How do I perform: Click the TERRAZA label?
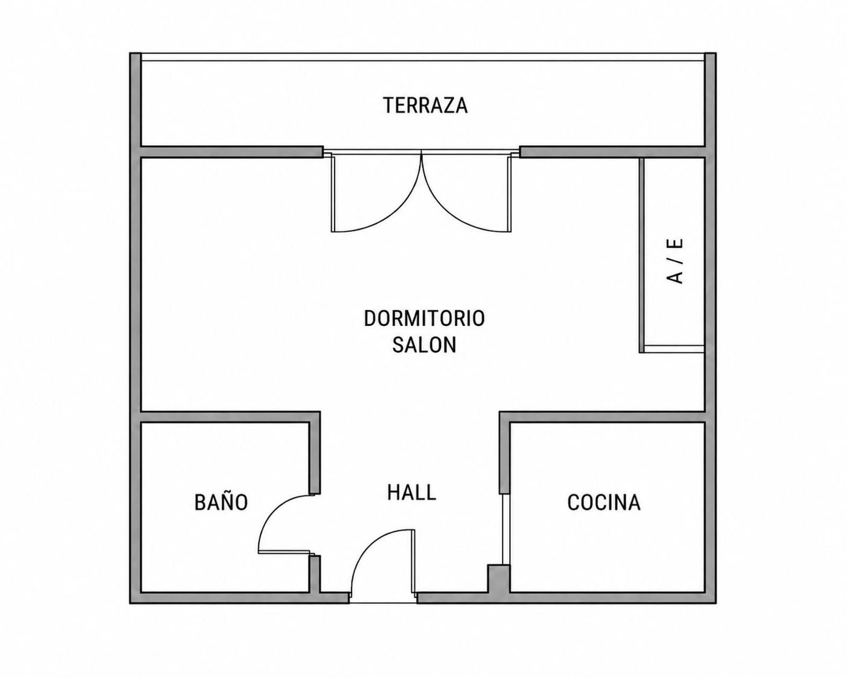point(426,106)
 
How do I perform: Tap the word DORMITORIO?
point(424,318)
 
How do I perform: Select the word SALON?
point(424,345)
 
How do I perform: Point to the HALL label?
point(412,492)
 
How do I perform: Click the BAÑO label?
point(221,501)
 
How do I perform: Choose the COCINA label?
point(604,502)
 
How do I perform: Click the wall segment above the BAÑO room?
point(230,417)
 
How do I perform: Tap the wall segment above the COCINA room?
point(602,417)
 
